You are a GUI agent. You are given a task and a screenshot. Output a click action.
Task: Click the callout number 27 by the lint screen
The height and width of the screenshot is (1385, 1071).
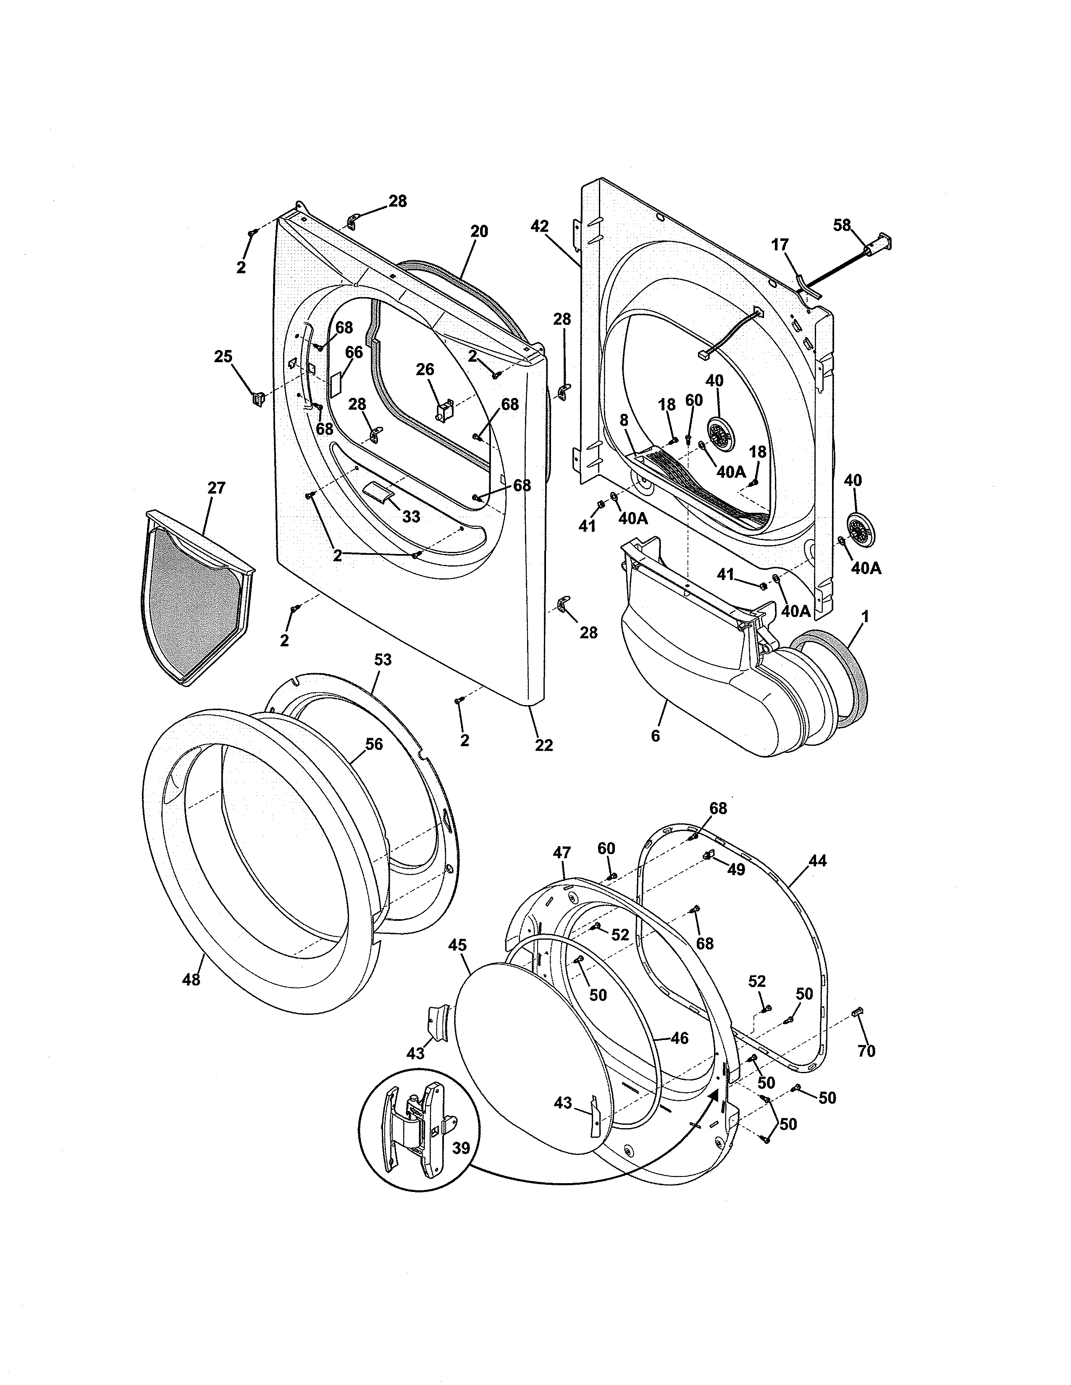[x=216, y=488]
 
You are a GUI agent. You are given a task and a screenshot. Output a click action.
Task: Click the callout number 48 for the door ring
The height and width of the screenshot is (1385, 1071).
[x=190, y=980]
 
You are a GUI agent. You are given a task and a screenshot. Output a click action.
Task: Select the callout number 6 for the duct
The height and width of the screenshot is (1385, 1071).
[x=656, y=736]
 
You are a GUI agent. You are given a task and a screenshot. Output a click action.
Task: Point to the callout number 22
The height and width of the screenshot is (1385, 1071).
[x=544, y=745]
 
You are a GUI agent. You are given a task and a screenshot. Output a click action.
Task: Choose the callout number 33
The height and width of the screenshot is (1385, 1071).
[x=411, y=517]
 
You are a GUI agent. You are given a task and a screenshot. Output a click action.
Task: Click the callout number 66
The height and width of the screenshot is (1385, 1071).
[x=354, y=352]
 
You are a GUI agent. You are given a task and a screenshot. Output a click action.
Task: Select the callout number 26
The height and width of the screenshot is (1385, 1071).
[x=425, y=369]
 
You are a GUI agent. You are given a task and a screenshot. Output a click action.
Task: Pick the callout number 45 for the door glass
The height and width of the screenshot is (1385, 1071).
[x=457, y=963]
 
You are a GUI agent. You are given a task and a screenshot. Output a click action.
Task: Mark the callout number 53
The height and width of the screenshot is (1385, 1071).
[x=383, y=659]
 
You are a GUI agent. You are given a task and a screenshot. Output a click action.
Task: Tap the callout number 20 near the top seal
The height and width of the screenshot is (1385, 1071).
[x=479, y=232]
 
